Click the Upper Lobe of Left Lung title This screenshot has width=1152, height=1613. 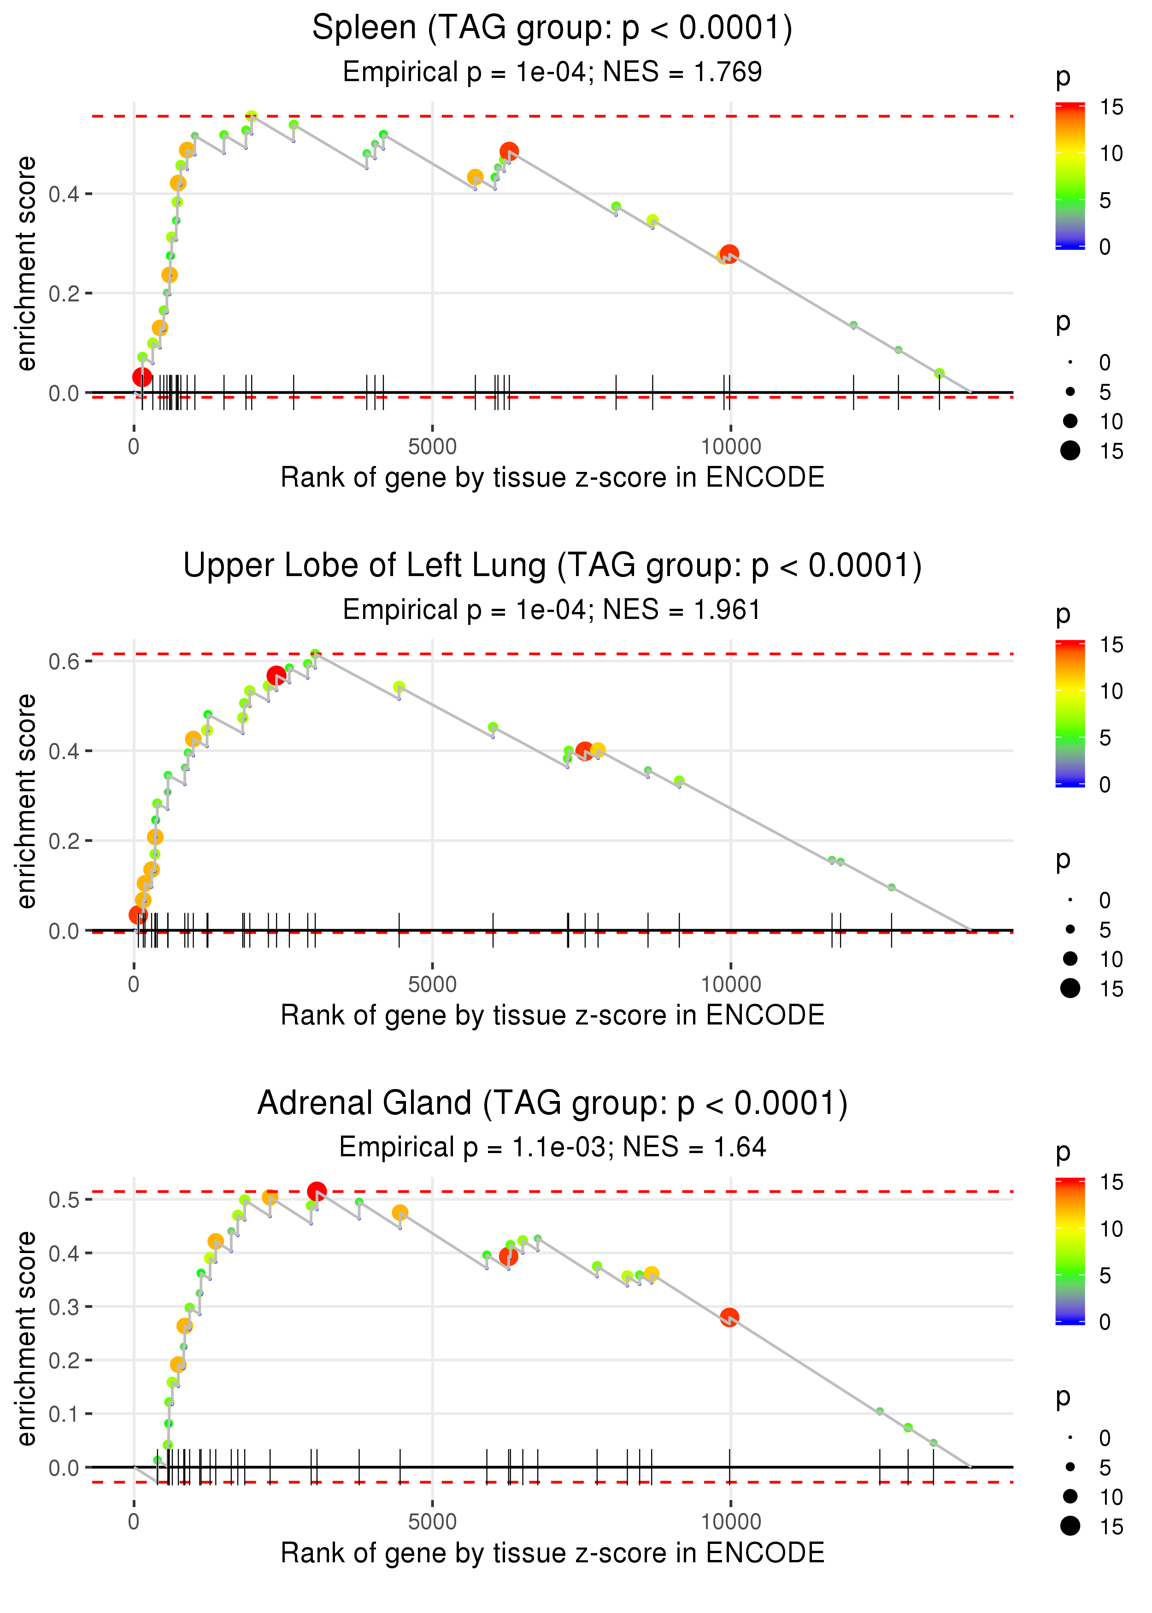(552, 566)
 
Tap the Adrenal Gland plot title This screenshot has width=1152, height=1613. (552, 1103)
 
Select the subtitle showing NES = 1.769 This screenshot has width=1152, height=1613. (552, 71)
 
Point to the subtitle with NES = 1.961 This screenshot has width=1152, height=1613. (552, 609)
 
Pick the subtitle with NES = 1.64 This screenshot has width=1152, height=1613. (552, 1147)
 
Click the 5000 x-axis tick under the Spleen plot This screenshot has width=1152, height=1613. (432, 447)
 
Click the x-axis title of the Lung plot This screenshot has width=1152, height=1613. (552, 1015)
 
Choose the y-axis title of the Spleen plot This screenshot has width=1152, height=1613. (26, 264)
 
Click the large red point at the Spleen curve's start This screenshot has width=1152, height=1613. (142, 377)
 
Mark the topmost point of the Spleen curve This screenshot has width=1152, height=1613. (251, 116)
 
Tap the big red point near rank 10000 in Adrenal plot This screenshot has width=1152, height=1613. (729, 1317)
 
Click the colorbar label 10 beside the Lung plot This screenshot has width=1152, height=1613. (1111, 691)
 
